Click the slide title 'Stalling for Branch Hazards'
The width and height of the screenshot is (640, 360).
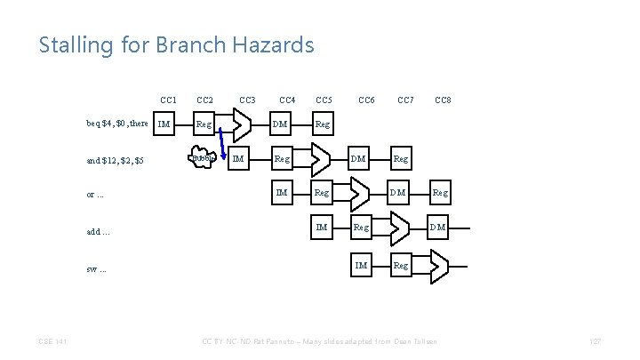click(x=176, y=44)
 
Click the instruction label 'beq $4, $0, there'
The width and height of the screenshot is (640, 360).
click(x=116, y=124)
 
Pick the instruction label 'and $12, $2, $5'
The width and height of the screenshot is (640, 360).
click(x=116, y=160)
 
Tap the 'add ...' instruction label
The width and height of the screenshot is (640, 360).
click(x=99, y=231)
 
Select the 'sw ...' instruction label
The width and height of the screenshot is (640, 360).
click(x=97, y=268)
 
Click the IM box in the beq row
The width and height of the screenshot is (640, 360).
click(x=164, y=124)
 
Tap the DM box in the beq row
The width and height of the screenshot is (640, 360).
click(x=280, y=124)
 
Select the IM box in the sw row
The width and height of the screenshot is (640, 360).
click(x=361, y=264)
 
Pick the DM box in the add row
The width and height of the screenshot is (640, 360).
click(x=438, y=228)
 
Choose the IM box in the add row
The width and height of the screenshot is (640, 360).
click(x=322, y=228)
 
